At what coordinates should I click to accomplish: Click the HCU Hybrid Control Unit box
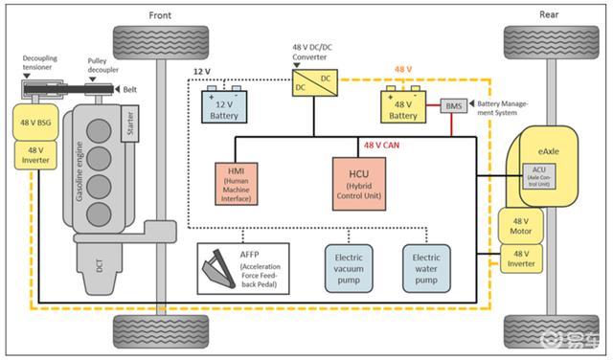point(359,184)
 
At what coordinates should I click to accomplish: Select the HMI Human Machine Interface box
point(237,184)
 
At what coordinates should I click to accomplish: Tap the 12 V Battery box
point(224,106)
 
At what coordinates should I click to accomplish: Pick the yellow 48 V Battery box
point(403,106)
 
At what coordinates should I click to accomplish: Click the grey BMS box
point(454,106)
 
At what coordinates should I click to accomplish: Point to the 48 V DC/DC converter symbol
point(315,83)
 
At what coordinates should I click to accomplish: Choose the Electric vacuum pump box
point(349,268)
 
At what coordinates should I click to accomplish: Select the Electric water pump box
point(426,268)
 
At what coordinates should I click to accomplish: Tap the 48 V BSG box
point(35,123)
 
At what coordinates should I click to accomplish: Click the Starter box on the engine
point(130,124)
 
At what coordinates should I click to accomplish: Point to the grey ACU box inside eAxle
point(539,176)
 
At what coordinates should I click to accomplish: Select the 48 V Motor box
point(520,226)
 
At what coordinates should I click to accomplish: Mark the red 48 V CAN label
point(381,146)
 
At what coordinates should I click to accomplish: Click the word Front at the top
point(160,15)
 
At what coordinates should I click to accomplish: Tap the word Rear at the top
point(549,14)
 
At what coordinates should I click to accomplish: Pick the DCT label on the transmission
point(100,265)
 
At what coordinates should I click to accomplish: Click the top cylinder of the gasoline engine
point(99,131)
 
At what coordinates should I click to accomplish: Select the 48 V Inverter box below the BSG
point(35,155)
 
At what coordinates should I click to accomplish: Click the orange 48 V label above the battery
point(403,70)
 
